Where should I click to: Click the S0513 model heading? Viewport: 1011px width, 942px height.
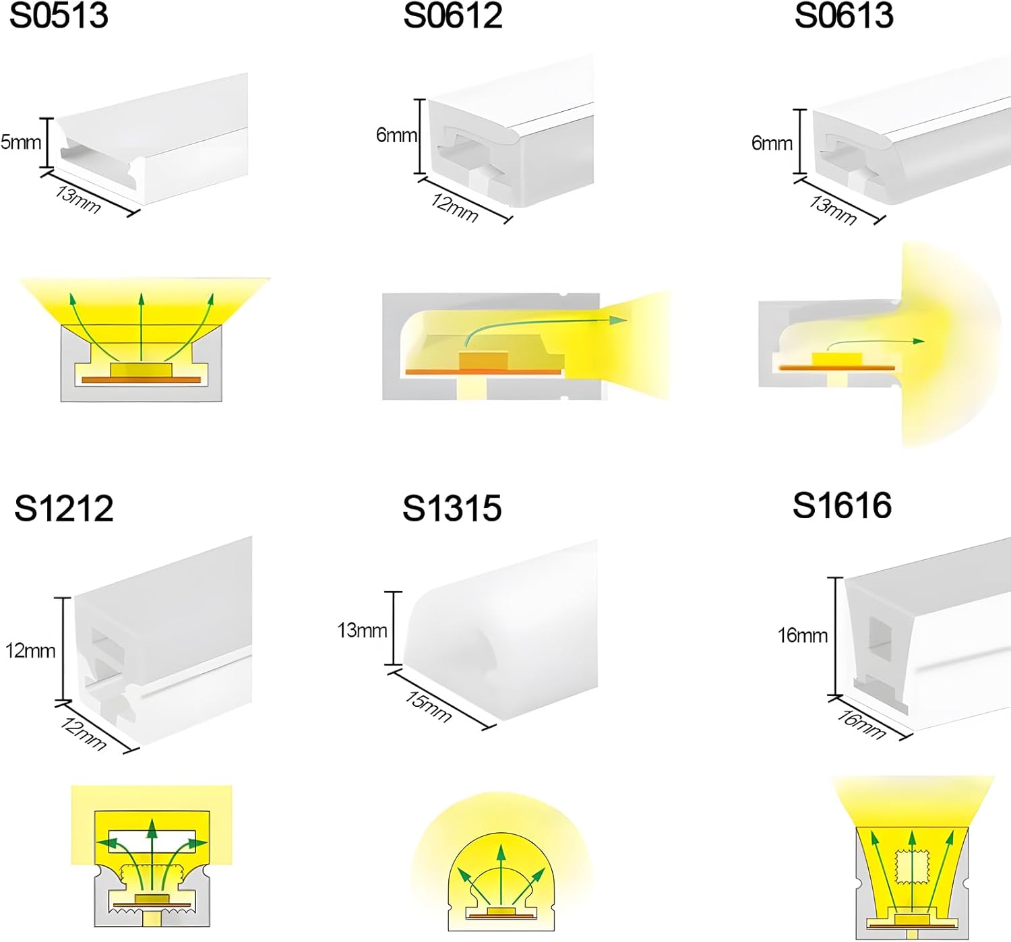[59, 15]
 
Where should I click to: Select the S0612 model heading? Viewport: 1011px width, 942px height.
[453, 15]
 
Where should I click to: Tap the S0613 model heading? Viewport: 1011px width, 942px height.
[844, 15]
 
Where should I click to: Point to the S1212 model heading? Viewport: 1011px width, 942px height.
[64, 508]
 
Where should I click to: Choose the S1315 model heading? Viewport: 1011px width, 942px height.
[452, 508]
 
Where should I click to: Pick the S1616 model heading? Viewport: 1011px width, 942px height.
[842, 505]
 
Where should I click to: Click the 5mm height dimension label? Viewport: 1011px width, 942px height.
[20, 142]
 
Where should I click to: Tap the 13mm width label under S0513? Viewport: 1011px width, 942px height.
[78, 199]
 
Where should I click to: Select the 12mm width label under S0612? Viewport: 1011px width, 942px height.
[455, 208]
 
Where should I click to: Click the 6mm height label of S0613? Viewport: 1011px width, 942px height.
[772, 143]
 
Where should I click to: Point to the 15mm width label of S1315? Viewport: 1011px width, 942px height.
[428, 706]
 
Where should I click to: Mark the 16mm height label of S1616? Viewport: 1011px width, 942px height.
[802, 635]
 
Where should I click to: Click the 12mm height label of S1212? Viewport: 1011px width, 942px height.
[30, 650]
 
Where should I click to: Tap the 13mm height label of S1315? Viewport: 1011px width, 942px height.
[362, 630]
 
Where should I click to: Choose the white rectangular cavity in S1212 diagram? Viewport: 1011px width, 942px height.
[152, 842]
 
